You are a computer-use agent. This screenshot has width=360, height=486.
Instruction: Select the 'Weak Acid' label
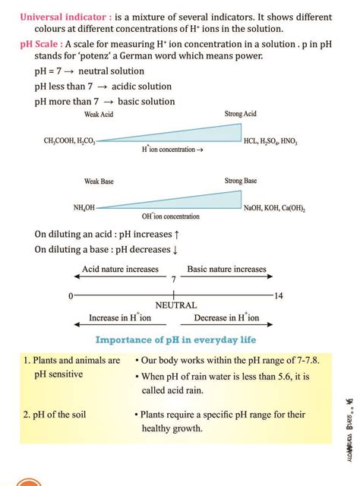99,114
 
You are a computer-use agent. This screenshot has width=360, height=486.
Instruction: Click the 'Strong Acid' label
241,114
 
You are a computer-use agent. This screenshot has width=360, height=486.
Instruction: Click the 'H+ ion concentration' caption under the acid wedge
172,150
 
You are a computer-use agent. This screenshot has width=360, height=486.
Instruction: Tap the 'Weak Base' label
99,181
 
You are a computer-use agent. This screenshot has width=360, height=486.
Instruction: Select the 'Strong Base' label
241,181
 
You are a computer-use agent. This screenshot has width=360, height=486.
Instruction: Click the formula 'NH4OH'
84,207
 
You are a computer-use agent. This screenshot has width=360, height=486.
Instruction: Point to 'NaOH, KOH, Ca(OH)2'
275,207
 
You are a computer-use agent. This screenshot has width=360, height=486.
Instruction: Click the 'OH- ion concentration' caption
171,217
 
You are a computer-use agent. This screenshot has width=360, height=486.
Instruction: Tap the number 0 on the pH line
70,295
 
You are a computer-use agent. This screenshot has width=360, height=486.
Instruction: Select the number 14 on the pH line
278,295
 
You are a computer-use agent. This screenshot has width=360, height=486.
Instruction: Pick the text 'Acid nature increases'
120,269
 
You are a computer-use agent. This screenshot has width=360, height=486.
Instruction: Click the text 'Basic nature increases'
227,269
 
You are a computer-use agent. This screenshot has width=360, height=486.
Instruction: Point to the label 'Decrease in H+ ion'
226,318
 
